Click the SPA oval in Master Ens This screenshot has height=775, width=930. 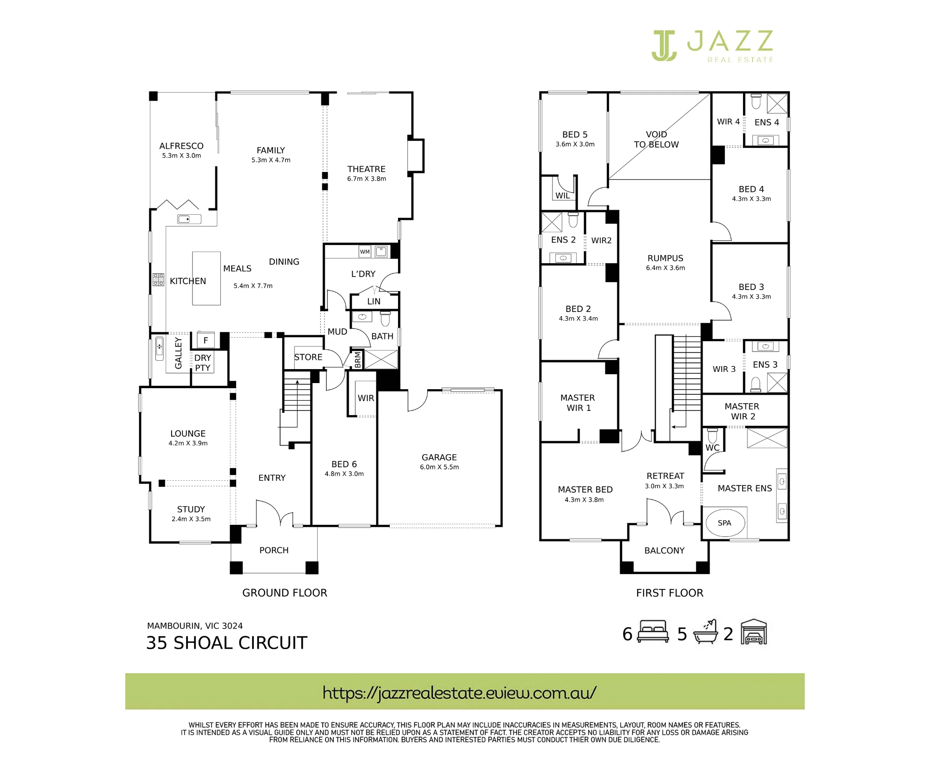(x=725, y=523)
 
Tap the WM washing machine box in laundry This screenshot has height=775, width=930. (x=365, y=252)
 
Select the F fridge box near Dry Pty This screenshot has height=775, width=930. (x=206, y=340)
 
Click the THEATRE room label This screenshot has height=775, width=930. (x=366, y=169)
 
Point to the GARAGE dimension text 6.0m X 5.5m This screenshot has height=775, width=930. (x=439, y=467)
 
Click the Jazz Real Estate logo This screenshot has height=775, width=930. (x=712, y=46)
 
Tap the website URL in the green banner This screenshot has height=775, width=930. (x=459, y=693)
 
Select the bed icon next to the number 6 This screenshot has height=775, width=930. (x=653, y=632)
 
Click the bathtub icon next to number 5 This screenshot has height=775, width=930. (x=705, y=632)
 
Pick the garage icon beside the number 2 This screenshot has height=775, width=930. (x=754, y=632)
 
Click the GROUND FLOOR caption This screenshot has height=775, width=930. (x=285, y=593)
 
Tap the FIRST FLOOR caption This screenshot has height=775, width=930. (x=670, y=593)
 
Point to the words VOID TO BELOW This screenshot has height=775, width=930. (x=656, y=139)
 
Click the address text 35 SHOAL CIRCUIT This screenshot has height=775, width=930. (x=227, y=643)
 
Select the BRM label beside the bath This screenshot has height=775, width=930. (x=358, y=360)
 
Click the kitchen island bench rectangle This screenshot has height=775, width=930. (x=206, y=278)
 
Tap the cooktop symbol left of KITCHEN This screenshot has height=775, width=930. (x=159, y=279)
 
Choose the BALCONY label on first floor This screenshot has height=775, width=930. (x=664, y=550)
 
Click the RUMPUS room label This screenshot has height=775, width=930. (x=665, y=258)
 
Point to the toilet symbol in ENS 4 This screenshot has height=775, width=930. (x=756, y=101)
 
